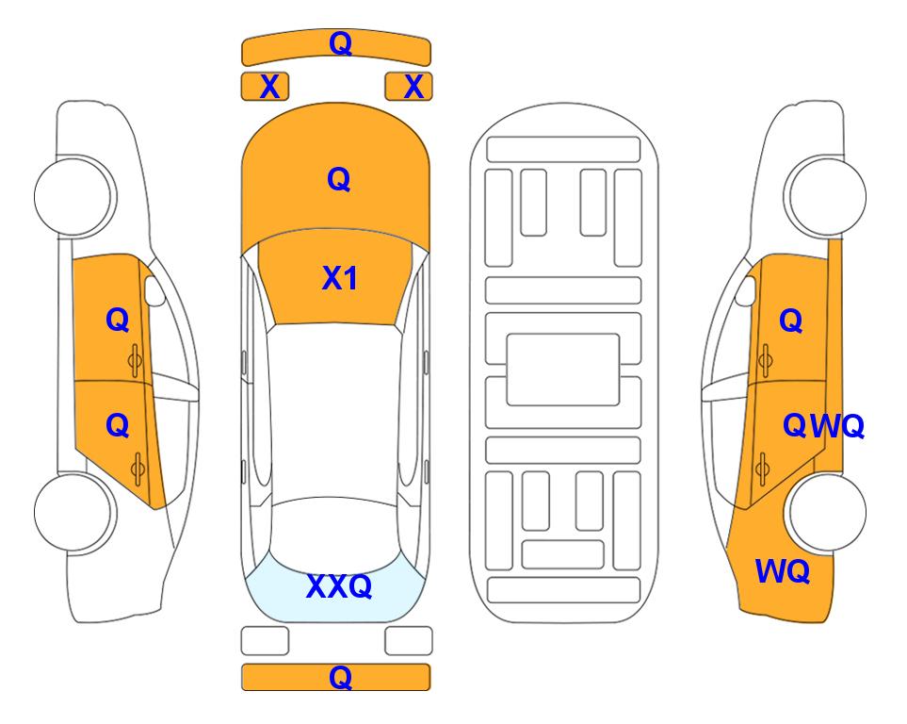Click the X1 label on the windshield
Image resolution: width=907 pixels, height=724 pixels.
point(340,278)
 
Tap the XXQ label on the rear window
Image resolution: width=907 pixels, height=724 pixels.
point(339,586)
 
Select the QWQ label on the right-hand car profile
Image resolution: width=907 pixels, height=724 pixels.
point(823,426)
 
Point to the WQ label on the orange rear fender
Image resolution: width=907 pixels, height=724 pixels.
point(782,571)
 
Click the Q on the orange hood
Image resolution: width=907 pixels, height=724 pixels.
point(339,179)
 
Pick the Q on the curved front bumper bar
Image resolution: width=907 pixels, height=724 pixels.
point(340,43)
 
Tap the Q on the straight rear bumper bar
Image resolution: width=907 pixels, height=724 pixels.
point(340,677)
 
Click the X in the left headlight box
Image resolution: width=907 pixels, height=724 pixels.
point(269,87)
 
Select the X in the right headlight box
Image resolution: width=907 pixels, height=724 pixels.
point(413,87)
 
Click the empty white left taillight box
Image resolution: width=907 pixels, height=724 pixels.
point(265,641)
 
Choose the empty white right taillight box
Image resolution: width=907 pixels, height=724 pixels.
point(409,641)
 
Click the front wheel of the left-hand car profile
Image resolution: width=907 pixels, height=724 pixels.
point(74,196)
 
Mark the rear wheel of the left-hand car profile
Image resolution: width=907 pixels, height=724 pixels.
point(74,512)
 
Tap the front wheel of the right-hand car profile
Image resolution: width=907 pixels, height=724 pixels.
point(825,196)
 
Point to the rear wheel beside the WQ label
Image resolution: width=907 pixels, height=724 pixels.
point(827,512)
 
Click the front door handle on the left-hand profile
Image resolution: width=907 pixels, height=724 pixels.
point(136,360)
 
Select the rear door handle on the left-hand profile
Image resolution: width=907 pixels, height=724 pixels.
point(137,469)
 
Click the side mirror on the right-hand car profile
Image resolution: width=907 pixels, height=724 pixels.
point(745,290)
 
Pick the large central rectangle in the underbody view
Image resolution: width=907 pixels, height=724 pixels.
point(563,370)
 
